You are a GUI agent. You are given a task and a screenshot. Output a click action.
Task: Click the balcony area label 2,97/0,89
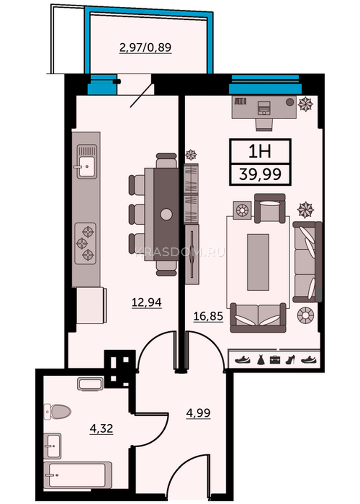click(x=145, y=47)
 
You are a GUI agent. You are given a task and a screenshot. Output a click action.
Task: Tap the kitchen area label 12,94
click(x=147, y=302)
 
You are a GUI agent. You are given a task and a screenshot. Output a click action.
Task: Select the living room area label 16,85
click(x=208, y=316)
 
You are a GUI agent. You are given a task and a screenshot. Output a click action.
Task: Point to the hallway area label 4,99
click(x=198, y=412)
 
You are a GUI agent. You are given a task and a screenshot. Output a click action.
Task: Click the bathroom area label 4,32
click(x=101, y=428)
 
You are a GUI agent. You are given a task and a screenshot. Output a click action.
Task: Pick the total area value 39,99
click(x=260, y=174)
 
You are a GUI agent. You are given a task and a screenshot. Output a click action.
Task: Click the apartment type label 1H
click(x=260, y=152)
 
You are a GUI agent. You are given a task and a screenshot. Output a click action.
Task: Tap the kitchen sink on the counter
click(x=87, y=162)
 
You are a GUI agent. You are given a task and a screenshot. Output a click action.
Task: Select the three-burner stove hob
click(x=85, y=243)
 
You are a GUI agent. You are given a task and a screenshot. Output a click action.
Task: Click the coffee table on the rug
click(x=258, y=262)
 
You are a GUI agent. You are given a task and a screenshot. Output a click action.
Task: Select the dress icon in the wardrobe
click(x=261, y=360)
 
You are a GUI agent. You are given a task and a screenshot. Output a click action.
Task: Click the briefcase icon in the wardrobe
click(x=275, y=360)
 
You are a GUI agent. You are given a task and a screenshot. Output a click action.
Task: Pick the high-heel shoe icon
click(x=290, y=360)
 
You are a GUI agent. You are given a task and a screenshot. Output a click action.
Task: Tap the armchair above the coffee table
click(x=270, y=208)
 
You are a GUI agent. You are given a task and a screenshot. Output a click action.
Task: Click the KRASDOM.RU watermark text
click(x=180, y=253)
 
